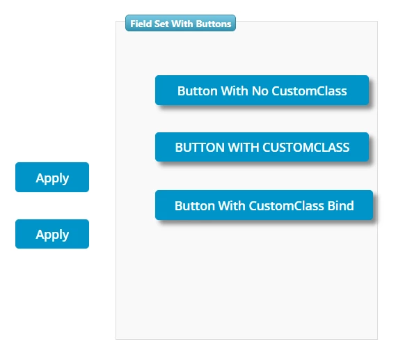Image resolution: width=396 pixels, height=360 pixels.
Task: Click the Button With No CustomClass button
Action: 262,91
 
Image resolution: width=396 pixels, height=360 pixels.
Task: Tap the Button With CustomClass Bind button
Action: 264,205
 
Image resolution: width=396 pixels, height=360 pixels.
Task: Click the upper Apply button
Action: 52,178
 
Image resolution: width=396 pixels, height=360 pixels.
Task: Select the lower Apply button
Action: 52,234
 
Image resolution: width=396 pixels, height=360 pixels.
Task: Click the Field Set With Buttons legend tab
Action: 180,24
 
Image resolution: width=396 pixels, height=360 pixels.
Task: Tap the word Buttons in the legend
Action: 214,24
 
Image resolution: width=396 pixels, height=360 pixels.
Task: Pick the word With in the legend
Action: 181,24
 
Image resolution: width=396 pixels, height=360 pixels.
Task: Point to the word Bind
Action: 340,205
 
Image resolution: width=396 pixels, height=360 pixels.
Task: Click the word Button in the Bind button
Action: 194,205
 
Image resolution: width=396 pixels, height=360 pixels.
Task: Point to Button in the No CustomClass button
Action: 197,91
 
